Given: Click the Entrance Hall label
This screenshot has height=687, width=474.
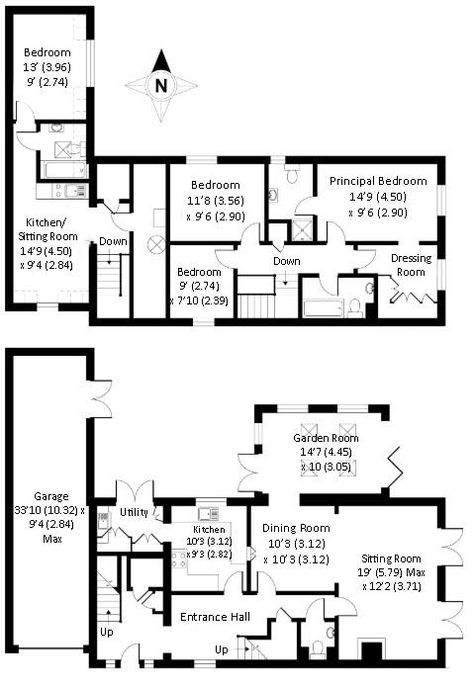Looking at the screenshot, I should click(213, 618).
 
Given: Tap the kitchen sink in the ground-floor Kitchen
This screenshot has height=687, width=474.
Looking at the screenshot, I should click(208, 513).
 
